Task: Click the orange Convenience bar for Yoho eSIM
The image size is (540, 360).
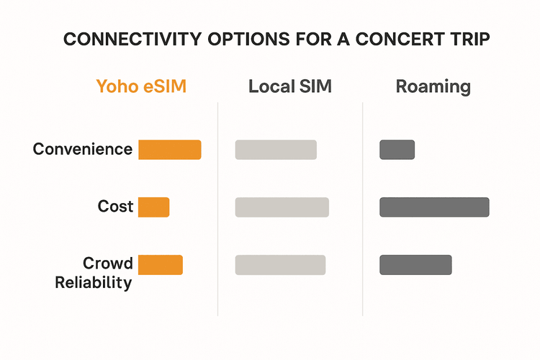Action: (169, 150)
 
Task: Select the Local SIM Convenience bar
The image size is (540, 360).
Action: (276, 150)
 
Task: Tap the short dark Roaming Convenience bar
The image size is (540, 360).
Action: (397, 150)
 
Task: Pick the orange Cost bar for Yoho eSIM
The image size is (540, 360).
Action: (153, 207)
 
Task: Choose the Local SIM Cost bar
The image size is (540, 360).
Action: (282, 207)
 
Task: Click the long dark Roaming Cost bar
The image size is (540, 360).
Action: (434, 207)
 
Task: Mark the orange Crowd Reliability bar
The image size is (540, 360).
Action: (160, 264)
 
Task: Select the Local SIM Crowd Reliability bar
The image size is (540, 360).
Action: (280, 264)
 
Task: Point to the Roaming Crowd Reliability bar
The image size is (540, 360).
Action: (415, 264)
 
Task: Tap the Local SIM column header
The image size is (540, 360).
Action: (289, 87)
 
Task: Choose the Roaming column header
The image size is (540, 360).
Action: (433, 87)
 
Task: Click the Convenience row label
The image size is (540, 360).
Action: (83, 150)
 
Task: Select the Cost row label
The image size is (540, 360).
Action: (115, 207)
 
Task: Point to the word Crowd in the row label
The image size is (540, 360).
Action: (108, 263)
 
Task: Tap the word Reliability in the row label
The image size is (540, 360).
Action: (94, 282)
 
